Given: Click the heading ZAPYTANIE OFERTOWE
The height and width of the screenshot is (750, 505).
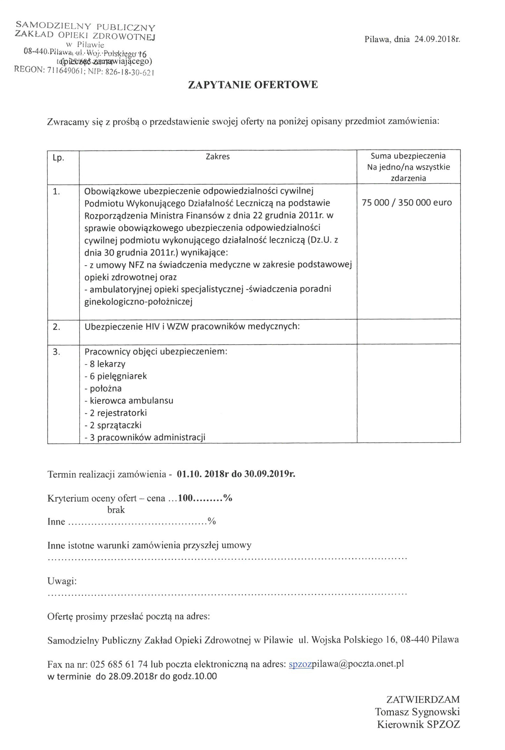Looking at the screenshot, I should click(253, 85).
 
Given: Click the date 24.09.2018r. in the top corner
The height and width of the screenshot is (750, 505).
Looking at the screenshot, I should click(437, 39).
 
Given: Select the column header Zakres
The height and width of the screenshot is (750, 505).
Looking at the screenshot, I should click(218, 157).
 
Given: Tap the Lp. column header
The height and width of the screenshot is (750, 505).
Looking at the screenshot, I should click(58, 158).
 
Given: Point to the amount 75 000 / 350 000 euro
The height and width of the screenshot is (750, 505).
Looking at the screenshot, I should click(407, 202).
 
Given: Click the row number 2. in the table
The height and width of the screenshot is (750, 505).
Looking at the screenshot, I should click(57, 327).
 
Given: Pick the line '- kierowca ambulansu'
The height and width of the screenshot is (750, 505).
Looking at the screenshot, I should click(129, 401).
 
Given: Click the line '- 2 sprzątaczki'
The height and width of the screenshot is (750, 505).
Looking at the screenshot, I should click(113, 425).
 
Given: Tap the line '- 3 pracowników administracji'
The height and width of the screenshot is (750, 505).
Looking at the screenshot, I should click(145, 437).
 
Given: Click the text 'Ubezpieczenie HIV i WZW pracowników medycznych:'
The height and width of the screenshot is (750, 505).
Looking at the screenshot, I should click(192, 327).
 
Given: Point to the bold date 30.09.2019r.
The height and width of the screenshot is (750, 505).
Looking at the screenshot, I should click(270, 474).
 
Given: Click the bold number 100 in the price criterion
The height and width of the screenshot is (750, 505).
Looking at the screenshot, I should click(185, 498).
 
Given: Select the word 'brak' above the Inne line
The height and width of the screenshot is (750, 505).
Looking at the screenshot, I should click(116, 510).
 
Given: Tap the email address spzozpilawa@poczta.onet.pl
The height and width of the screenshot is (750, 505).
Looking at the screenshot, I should click(346, 664).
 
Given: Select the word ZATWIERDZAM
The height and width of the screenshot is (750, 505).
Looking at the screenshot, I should click(423, 699).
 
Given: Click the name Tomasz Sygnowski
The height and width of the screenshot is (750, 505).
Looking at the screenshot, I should click(417, 712).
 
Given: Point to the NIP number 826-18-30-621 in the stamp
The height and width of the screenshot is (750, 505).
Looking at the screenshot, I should click(130, 72).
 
